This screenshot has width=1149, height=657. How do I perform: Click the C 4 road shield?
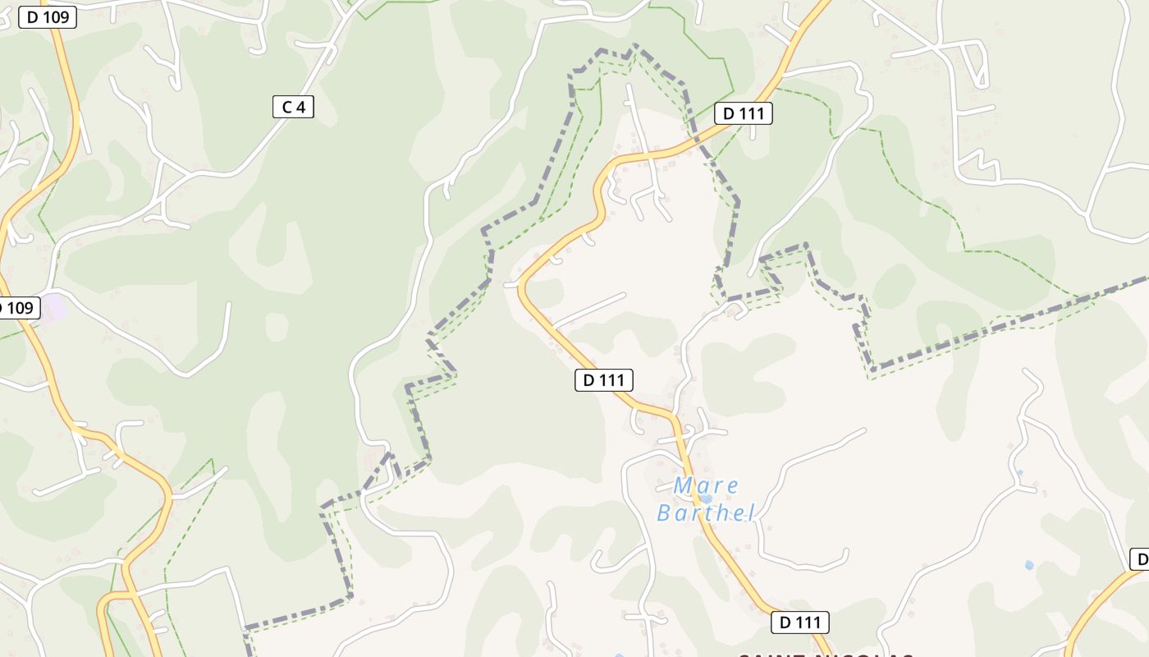point(293,106)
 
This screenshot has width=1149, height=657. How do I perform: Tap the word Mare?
point(706,486)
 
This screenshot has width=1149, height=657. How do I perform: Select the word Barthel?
point(706,513)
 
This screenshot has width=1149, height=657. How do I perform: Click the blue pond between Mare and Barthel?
point(706,498)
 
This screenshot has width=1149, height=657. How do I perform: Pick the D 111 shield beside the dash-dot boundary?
point(743,113)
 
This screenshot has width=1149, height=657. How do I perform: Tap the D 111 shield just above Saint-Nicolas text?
point(799,623)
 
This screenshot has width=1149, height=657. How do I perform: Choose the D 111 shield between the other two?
point(604,379)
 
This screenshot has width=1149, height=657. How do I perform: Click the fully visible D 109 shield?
point(48,16)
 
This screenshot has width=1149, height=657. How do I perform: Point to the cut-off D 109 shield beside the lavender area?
point(18,308)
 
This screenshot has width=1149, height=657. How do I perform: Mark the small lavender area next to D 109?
point(54,308)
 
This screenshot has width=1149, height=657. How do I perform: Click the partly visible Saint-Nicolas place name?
point(825,655)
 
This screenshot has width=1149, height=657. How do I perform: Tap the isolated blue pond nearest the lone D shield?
point(1029,565)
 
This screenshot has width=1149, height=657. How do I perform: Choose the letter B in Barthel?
point(666,513)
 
